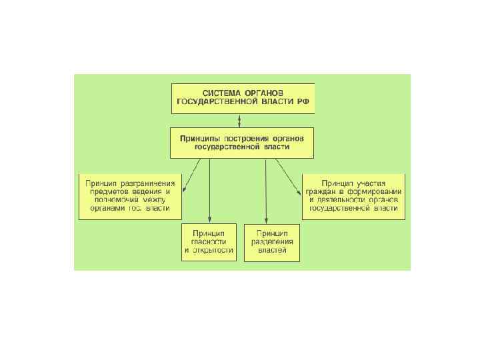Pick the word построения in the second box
pyautogui.click(x=253, y=137)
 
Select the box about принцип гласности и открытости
pyautogui.click(x=209, y=241)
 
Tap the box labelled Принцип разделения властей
pyautogui.click(x=272, y=241)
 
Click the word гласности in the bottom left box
pyautogui.click(x=209, y=241)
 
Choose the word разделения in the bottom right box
pyautogui.click(x=272, y=241)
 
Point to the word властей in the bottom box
pyautogui.click(x=272, y=251)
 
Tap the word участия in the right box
pyautogui.click(x=381, y=182)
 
